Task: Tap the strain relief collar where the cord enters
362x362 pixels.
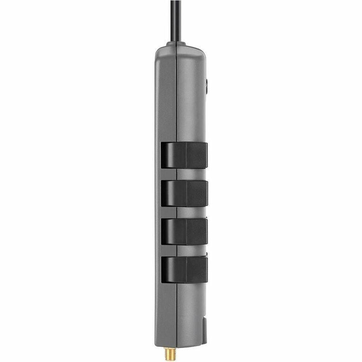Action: pyautogui.click(x=176, y=43)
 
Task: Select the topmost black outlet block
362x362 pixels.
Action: pyautogui.click(x=184, y=155)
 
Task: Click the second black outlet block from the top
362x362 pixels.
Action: pyautogui.click(x=184, y=193)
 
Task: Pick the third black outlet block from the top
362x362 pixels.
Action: pyautogui.click(x=184, y=231)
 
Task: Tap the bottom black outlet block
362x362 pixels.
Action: pyautogui.click(x=184, y=269)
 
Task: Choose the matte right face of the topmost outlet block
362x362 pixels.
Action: pyautogui.click(x=197, y=155)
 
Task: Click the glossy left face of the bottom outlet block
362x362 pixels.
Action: pyautogui.click(x=173, y=269)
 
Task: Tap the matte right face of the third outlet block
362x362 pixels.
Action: pyautogui.click(x=197, y=231)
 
